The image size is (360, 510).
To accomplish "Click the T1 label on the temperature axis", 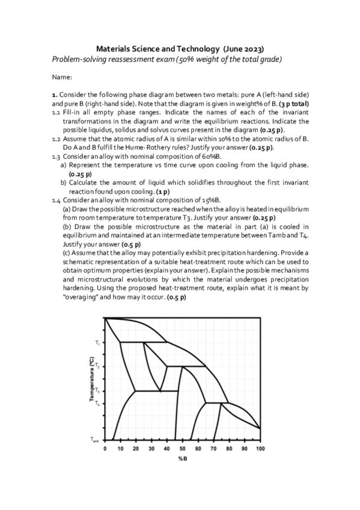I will tap(96, 343).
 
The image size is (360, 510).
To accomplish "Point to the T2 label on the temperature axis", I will tap(96, 366).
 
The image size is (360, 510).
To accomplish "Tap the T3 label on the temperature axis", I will tap(96, 391).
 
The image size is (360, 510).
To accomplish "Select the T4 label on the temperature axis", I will tap(96, 403).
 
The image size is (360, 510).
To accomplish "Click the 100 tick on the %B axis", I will tap(260, 449).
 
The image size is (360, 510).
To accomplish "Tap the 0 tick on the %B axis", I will tap(105, 449).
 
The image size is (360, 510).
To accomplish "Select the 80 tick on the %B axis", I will tap(229, 449).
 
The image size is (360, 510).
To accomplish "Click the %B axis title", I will tap(182, 459).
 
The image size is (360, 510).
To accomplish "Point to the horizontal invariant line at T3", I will tap(156, 391).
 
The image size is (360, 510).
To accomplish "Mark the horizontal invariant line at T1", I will tap(144, 342).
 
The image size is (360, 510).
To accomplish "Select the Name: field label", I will tap(62, 78).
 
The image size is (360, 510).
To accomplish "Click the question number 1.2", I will tap(56, 138).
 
